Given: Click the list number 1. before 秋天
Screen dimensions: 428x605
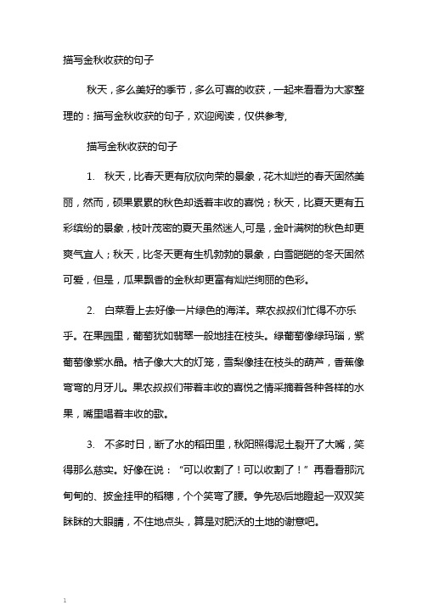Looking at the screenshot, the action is click(91, 152).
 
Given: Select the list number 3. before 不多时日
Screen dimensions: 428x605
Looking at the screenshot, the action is click(91, 395).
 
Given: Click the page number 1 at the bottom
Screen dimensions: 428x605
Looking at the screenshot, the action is click(64, 598).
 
